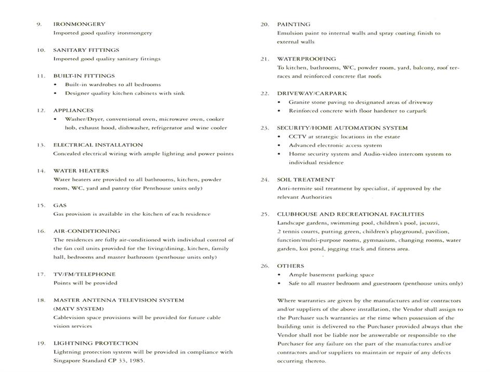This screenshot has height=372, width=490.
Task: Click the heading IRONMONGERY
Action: [79, 24]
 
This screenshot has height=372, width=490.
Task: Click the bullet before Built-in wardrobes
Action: [56, 85]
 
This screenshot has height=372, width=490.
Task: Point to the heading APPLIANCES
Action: [73, 111]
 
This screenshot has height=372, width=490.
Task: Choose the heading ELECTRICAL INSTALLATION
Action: [98, 145]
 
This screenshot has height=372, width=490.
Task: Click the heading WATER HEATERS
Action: [81, 171]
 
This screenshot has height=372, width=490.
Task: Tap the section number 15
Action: [41, 205]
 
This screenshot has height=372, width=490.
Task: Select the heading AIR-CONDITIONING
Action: [86, 231]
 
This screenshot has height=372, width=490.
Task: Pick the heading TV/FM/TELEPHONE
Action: [84, 274]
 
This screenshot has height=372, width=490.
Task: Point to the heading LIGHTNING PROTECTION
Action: [96, 343]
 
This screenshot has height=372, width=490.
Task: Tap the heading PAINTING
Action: [294, 24]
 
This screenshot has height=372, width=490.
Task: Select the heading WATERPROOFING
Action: [306, 59]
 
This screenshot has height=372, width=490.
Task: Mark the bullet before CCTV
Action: [280, 137]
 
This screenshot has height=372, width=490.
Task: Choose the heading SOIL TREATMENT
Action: [306, 180]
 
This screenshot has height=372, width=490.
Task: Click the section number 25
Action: [264, 214]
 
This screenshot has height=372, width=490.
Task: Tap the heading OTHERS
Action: [290, 266]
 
